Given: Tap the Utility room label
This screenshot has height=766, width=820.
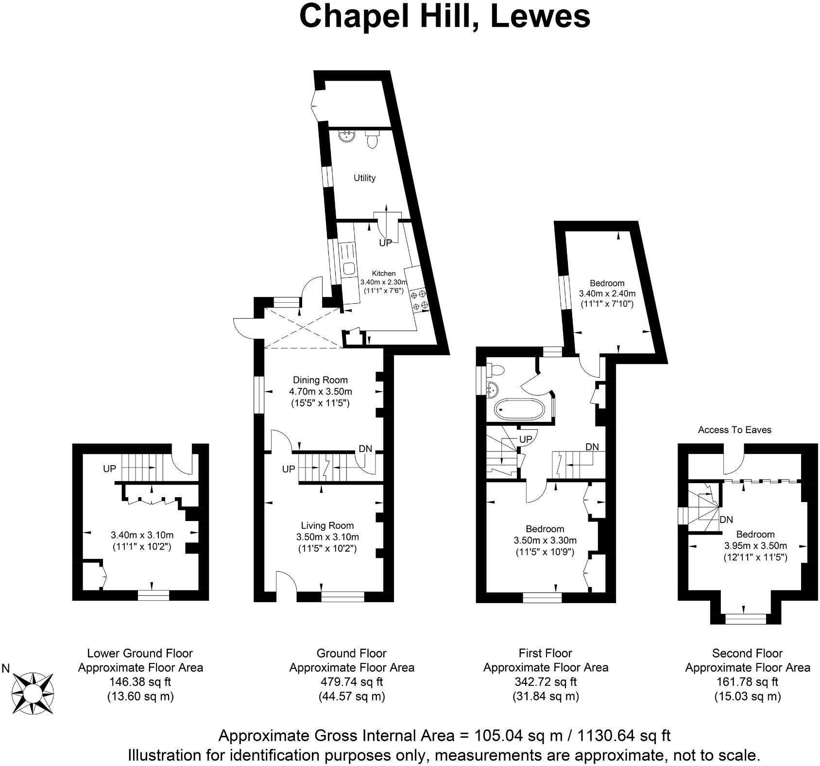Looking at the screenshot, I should pyautogui.click(x=364, y=178).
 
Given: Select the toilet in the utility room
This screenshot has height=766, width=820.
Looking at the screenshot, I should pyautogui.click(x=372, y=140).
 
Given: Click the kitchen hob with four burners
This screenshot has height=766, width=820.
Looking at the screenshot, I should pyautogui.click(x=419, y=299).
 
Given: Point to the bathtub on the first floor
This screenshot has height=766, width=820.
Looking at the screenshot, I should pyautogui.click(x=520, y=410).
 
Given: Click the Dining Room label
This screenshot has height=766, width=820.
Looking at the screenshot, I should pyautogui.click(x=320, y=380).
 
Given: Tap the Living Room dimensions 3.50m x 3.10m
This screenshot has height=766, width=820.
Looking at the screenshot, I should pyautogui.click(x=327, y=537).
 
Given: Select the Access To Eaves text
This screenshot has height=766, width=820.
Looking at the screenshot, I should pyautogui.click(x=735, y=430).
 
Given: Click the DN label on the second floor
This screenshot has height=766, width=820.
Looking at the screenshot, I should pyautogui.click(x=726, y=520).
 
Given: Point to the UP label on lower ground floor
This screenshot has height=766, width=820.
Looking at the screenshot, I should pyautogui.click(x=109, y=469).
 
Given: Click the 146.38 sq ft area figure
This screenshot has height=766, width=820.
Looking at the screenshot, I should pyautogui.click(x=140, y=682).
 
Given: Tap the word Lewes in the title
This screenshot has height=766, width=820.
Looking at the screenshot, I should pyautogui.click(x=540, y=17).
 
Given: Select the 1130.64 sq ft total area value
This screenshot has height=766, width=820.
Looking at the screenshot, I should pyautogui.click(x=623, y=735).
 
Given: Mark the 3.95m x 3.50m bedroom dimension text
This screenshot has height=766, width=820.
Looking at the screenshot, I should pyautogui.click(x=755, y=545).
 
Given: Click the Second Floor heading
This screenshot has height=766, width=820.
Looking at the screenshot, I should pyautogui.click(x=747, y=653).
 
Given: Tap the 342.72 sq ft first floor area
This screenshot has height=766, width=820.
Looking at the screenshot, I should pyautogui.click(x=545, y=682).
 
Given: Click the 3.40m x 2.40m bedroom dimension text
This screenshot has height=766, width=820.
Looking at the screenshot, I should pyautogui.click(x=607, y=294).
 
